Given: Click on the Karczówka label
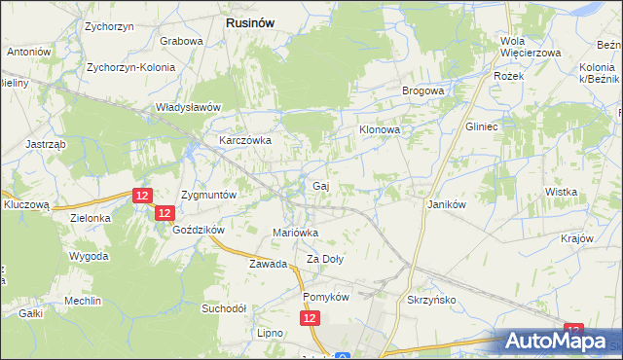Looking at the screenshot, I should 244,140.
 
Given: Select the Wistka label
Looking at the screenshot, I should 562,193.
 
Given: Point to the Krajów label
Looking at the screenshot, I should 577,238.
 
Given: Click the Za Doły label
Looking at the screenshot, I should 326,259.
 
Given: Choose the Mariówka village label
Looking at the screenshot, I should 295,233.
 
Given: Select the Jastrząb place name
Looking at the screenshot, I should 46,143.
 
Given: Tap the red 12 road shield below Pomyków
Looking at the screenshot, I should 310,318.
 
